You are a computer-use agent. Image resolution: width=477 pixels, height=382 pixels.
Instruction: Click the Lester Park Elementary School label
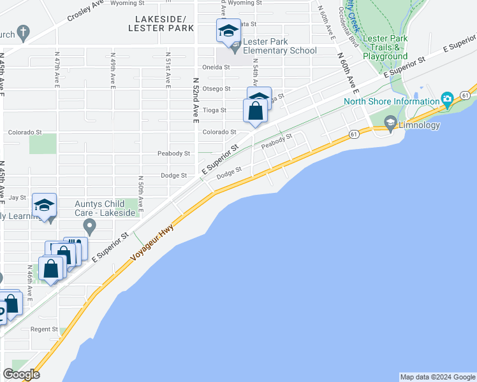click(275, 46)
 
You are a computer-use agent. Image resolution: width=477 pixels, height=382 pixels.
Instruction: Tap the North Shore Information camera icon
click(447, 99)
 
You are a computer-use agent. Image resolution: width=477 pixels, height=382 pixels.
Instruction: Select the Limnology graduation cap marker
click(391, 122)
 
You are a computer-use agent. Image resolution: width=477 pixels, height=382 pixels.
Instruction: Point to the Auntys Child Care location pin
click(90, 225)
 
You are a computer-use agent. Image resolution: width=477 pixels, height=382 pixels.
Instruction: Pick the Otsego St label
click(217, 89)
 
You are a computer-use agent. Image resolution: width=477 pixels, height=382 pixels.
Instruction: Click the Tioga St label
click(214, 110)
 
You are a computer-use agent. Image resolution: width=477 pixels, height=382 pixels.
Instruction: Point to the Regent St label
click(44, 329)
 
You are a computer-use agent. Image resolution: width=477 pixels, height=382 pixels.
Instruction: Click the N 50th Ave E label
click(140, 195)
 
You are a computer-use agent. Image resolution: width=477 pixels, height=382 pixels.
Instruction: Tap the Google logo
click(22, 374)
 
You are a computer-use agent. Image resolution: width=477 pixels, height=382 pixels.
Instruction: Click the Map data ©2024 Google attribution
click(437, 377)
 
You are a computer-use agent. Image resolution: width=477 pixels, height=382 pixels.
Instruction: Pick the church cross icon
click(23, 32)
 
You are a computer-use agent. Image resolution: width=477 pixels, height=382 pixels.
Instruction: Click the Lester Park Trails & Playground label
click(385, 47)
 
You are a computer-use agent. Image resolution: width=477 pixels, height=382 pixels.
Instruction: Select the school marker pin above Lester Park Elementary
click(228, 31)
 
